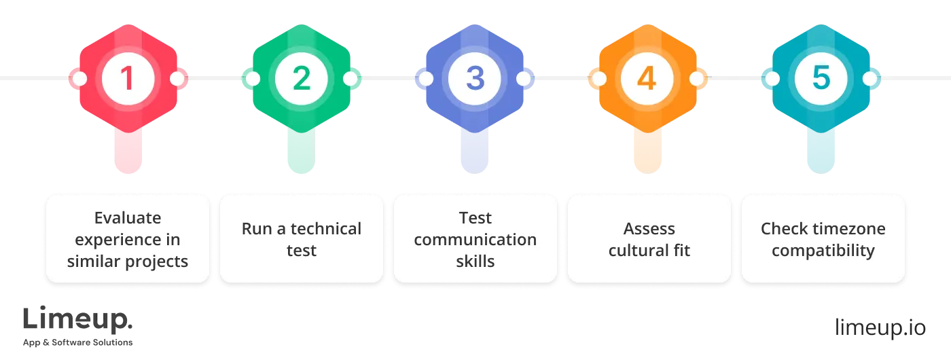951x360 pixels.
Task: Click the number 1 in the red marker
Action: [127, 79]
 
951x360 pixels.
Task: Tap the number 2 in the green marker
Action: [301, 79]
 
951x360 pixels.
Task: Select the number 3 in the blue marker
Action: [475, 79]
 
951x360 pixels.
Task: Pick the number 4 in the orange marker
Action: [647, 79]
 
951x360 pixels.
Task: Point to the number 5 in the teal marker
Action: [821, 79]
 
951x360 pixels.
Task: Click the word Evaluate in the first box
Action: [128, 218]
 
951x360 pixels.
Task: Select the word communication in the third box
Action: [475, 240]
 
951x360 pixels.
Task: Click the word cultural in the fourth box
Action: [633, 251]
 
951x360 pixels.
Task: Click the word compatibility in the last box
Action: [823, 251]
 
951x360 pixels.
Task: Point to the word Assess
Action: [649, 229]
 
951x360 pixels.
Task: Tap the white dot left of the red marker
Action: [79, 79]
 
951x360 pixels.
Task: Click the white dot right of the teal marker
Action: [871, 79]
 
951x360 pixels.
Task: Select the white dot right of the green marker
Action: [350, 79]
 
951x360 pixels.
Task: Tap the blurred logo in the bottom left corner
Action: [78, 326]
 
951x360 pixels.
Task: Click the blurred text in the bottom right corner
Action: [880, 327]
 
